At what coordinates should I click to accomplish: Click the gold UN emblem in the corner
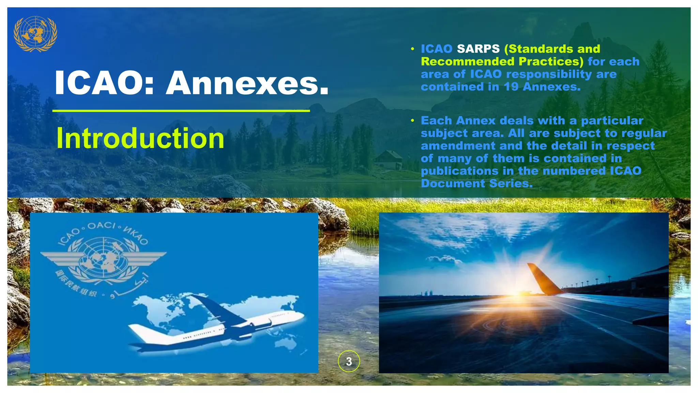point(35,33)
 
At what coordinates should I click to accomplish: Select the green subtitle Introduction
point(140,138)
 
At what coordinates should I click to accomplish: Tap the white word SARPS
point(478,49)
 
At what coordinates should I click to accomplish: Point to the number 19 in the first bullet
point(511,87)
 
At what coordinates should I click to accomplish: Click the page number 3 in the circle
point(349,361)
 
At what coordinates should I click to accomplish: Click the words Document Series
point(476,184)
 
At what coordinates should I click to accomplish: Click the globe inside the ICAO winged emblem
point(102,258)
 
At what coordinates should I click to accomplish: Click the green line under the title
point(181,111)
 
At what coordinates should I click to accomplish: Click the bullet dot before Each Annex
point(412,120)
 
